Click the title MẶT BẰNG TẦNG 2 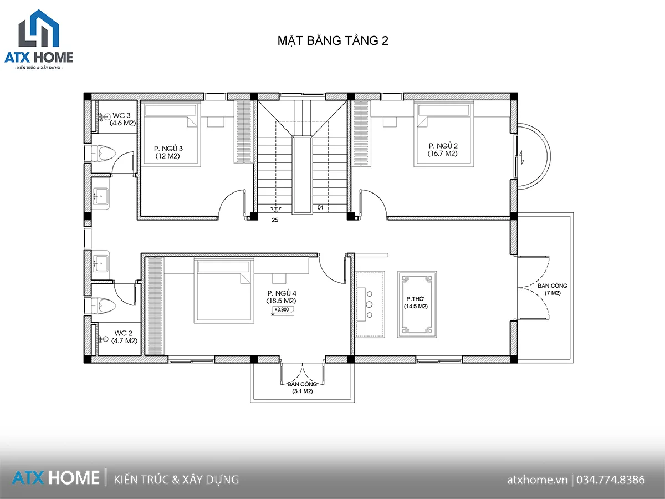[x=332, y=41]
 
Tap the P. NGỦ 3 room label [x=168, y=149]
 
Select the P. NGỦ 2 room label [x=443, y=146]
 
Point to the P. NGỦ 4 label [x=282, y=293]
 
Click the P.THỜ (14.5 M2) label [x=416, y=303]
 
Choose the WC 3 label [x=121, y=115]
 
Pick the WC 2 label [x=124, y=333]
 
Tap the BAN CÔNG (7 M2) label [x=553, y=289]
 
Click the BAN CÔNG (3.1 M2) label [x=302, y=388]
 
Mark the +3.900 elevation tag [x=282, y=309]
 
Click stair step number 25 [x=275, y=220]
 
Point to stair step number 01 [x=320, y=207]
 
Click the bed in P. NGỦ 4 [x=224, y=290]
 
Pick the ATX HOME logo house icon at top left [x=39, y=28]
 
